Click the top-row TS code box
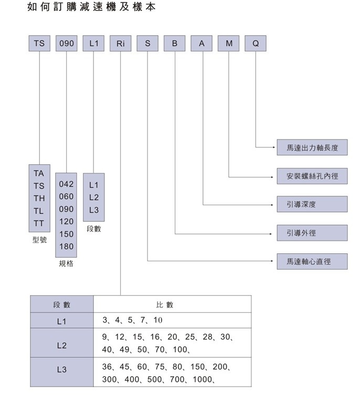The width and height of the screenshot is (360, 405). click(39, 44)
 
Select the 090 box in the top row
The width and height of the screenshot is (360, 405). click(67, 44)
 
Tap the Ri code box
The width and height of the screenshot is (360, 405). click(121, 44)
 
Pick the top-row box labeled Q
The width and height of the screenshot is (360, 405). click(256, 44)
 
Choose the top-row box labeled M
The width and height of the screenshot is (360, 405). click(229, 44)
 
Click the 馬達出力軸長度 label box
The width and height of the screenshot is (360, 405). click(312, 148)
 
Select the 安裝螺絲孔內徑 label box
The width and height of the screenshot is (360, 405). click(312, 176)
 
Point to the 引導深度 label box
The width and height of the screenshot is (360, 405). click(312, 204)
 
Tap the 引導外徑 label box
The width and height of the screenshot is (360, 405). click(312, 232)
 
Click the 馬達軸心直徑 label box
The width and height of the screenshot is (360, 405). click(312, 261)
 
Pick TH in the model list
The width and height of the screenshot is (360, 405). click(39, 198)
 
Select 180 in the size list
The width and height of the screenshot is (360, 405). click(67, 247)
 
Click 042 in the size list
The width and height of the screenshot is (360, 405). click(67, 185)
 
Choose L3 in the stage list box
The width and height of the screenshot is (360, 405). click(94, 210)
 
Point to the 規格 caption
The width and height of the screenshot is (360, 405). click(66, 264)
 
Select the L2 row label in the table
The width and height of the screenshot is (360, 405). click(61, 346)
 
